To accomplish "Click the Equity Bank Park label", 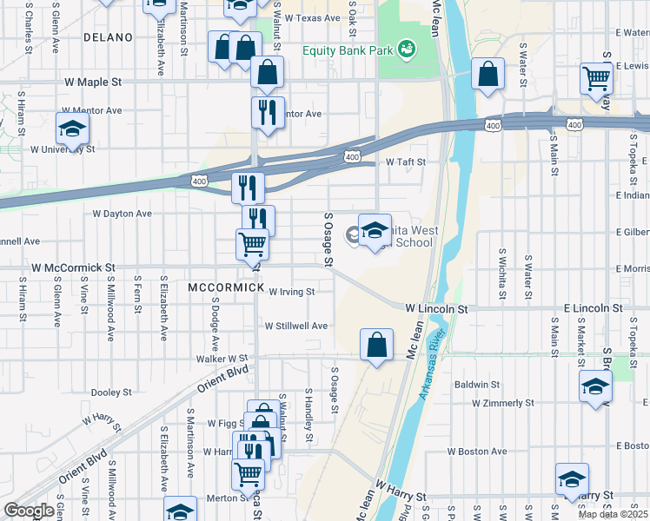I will click(x=346, y=49).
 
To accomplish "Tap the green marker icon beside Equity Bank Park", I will click(x=406, y=49).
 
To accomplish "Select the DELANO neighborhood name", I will click(x=109, y=37).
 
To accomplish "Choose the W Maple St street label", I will click(x=94, y=82).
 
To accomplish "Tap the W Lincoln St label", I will click(x=436, y=308).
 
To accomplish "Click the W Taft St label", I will click(x=407, y=162).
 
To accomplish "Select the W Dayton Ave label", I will click(x=122, y=213).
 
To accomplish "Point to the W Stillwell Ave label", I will click(x=296, y=326).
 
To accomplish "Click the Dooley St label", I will click(x=110, y=392).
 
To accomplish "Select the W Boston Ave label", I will click(x=477, y=452).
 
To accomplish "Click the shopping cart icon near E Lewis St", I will click(x=596, y=78).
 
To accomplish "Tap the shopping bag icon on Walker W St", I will click(x=377, y=345).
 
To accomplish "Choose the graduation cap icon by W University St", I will click(x=73, y=129).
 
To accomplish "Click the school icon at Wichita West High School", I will click(x=375, y=230).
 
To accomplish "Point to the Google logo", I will click(x=29, y=511).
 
